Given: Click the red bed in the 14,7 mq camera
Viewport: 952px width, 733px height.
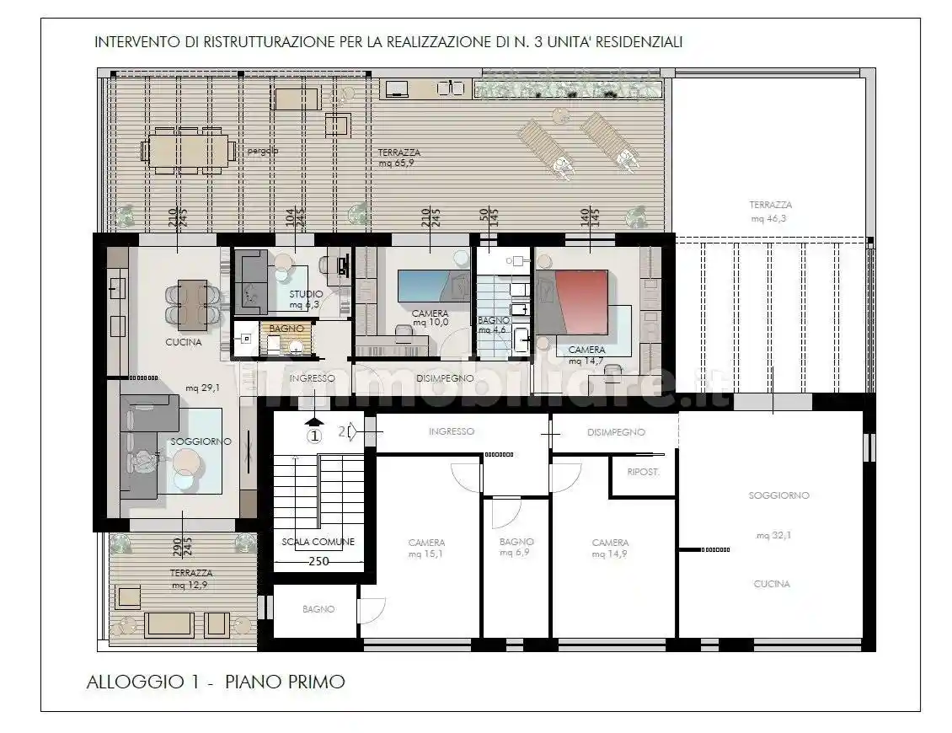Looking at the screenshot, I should point(576,302).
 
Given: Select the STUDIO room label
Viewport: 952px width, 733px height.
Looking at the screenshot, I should point(305,294).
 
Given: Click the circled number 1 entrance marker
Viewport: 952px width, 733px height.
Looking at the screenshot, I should point(313,436).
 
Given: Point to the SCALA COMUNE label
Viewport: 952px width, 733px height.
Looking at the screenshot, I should point(318,542).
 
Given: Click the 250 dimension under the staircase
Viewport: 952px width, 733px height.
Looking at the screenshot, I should point(318,561).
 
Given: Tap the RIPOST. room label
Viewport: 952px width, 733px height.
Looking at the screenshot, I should point(643,473).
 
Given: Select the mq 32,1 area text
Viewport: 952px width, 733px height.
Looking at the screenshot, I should point(778,535).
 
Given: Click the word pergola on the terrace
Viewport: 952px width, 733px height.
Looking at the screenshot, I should point(263,152).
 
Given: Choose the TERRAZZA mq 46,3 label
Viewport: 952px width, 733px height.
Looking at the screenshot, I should point(770,211).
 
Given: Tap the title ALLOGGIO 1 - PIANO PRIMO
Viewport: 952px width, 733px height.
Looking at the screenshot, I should point(216,682).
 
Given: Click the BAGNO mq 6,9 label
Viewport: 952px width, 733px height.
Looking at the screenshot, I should point(516,548).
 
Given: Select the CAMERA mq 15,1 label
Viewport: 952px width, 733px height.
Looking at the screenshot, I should point(426,548).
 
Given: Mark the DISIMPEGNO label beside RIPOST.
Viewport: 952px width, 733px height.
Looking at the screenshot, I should point(615,432).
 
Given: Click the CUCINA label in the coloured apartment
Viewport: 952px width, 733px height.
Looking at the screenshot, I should point(183,343).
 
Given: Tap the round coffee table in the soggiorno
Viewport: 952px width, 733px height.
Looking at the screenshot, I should point(185,461).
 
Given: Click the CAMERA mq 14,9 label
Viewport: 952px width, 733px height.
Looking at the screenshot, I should point(609,548).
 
